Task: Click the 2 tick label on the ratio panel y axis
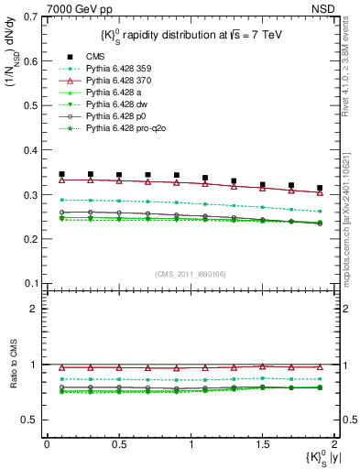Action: (x=35, y=309)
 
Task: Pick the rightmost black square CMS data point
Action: (x=320, y=188)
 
